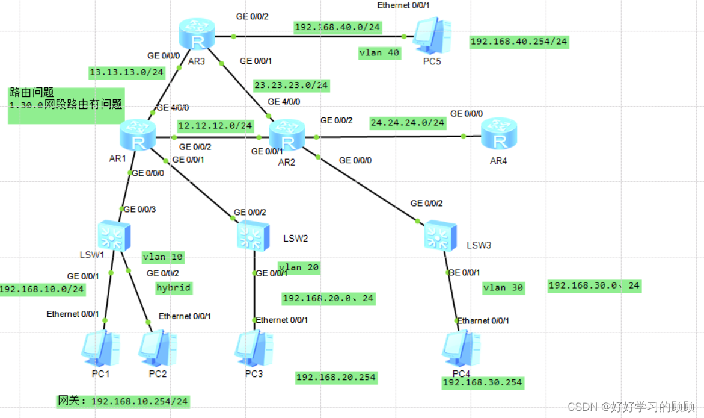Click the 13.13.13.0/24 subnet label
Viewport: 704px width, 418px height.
(x=126, y=72)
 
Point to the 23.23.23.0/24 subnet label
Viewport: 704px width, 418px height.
(x=291, y=85)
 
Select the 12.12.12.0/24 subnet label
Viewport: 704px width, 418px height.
(x=215, y=126)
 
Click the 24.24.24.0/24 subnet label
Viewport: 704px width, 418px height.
(x=408, y=122)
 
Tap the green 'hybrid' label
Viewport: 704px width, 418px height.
(x=174, y=287)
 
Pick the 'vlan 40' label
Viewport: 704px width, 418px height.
(x=379, y=52)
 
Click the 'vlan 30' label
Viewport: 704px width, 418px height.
(x=503, y=288)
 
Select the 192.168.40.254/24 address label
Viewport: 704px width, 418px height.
(x=519, y=42)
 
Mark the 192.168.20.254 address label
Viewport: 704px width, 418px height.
(x=335, y=378)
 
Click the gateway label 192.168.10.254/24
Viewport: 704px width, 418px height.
(x=123, y=401)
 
